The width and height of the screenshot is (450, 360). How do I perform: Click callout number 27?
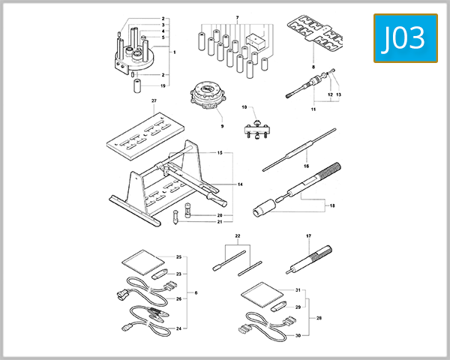[x=154, y=100]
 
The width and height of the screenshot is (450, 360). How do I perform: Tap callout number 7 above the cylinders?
[x=236, y=17]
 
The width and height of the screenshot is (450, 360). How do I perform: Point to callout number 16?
[x=306, y=165]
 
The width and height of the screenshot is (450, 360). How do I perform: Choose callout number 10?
[x=244, y=107]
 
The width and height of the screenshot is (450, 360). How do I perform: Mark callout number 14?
[x=240, y=184]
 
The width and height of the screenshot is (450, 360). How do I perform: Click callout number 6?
[x=196, y=292]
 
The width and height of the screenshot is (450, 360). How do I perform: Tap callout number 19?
[x=162, y=86]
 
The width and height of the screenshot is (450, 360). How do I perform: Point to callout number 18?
[x=332, y=204]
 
